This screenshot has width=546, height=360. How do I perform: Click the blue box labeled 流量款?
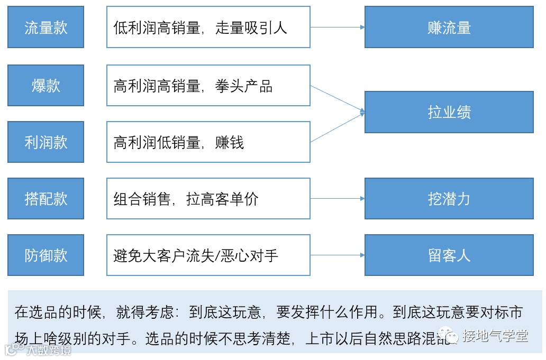[46, 27]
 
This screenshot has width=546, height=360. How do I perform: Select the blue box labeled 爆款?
[46, 86]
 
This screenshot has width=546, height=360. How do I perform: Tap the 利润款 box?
[46, 142]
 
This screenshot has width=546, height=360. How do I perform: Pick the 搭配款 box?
[46, 199]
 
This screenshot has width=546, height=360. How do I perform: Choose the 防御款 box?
[46, 255]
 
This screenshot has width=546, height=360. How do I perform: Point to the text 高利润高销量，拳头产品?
[193, 86]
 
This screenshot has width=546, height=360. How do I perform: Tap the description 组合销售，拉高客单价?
[186, 199]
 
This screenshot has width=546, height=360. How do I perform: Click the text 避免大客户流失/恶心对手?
[196, 255]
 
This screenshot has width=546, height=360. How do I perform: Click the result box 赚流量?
[449, 27]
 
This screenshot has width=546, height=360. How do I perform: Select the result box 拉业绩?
[449, 112]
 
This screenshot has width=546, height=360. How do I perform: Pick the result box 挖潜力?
[449, 199]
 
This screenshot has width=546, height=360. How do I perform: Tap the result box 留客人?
[449, 255]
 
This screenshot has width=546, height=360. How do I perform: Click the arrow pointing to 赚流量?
[338, 27]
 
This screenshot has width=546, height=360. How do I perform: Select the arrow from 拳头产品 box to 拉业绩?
[338, 99]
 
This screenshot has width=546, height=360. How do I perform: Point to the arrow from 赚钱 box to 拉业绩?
[338, 127]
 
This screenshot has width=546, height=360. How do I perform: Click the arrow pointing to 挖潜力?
[338, 199]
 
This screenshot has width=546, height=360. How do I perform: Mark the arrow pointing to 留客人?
[338, 255]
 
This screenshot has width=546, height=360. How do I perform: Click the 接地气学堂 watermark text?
[495, 335]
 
